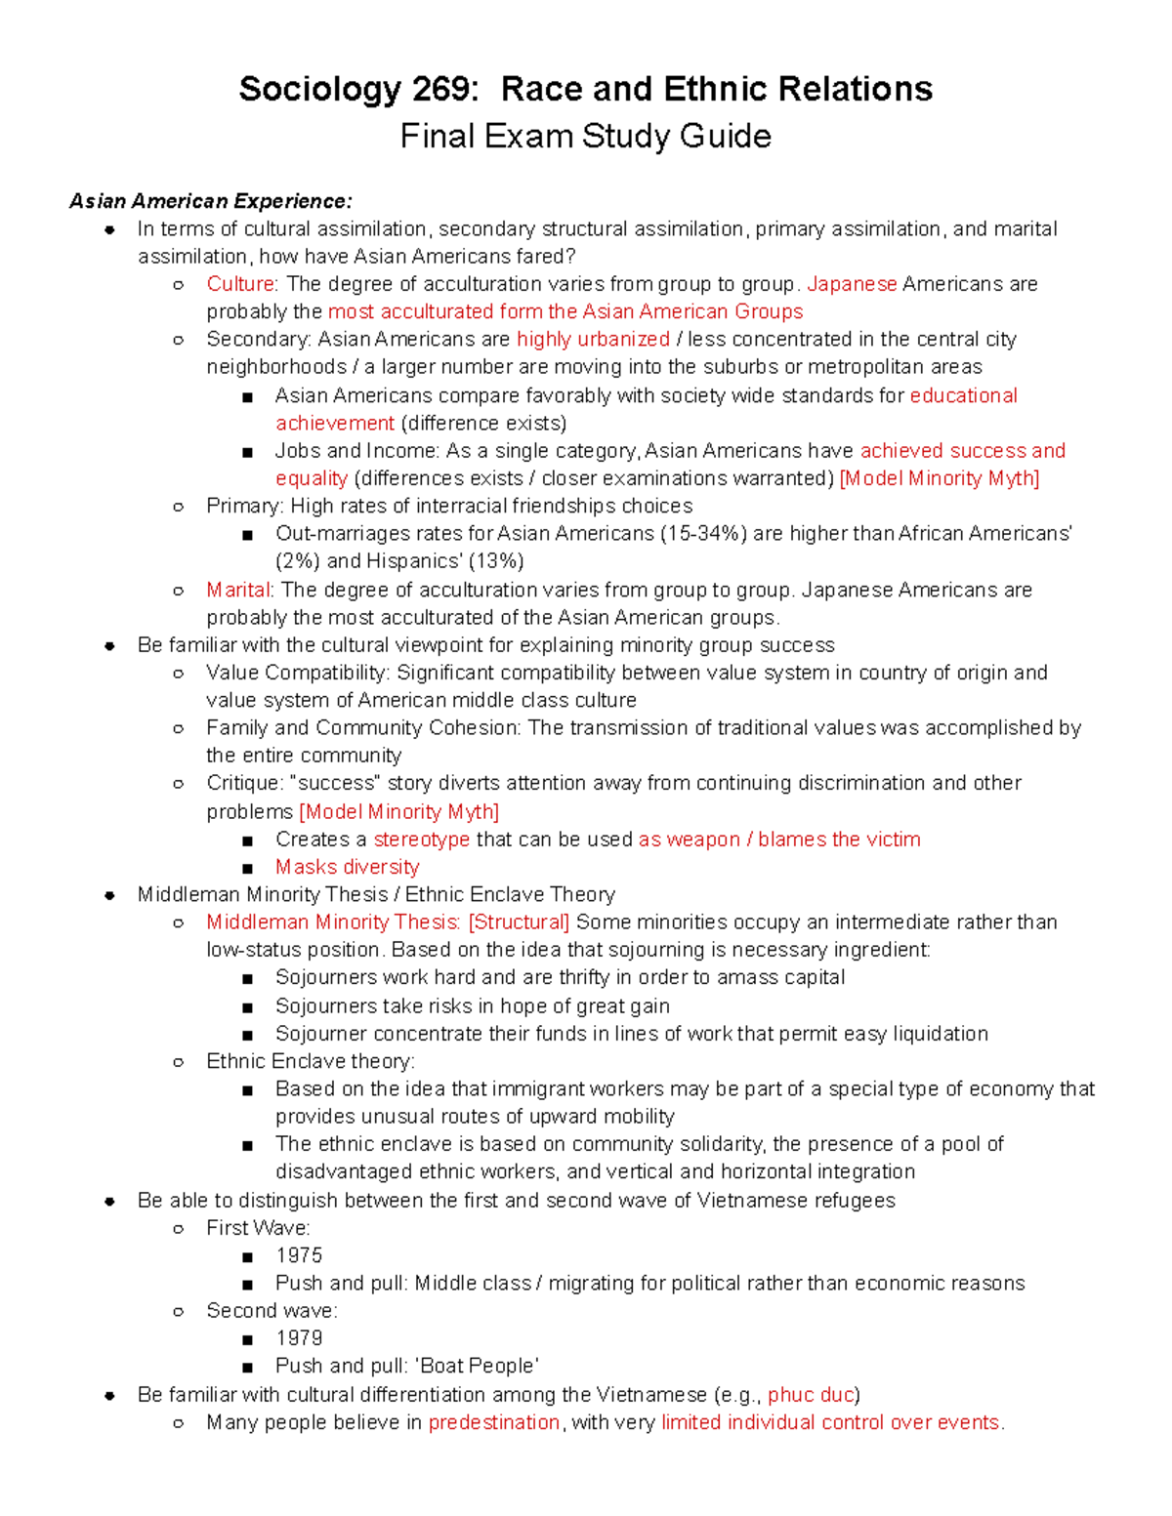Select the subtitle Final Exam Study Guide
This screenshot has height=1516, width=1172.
tap(585, 137)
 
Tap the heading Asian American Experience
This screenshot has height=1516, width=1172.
tap(210, 202)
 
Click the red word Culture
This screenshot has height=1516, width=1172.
tap(240, 284)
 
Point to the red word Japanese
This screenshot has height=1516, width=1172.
tap(852, 284)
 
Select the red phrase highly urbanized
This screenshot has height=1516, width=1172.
tap(593, 340)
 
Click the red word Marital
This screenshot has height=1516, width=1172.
tap(237, 591)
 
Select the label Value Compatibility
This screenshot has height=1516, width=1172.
tap(297, 674)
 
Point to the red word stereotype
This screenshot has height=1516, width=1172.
tap(421, 840)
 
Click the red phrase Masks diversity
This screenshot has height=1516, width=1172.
tap(347, 867)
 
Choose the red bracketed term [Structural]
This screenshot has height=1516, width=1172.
tap(519, 922)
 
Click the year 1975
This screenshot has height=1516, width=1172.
tap(299, 1255)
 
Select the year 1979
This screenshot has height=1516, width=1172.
tap(299, 1338)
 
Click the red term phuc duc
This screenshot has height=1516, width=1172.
tap(811, 1395)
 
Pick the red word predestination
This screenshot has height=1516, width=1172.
tap(494, 1423)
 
